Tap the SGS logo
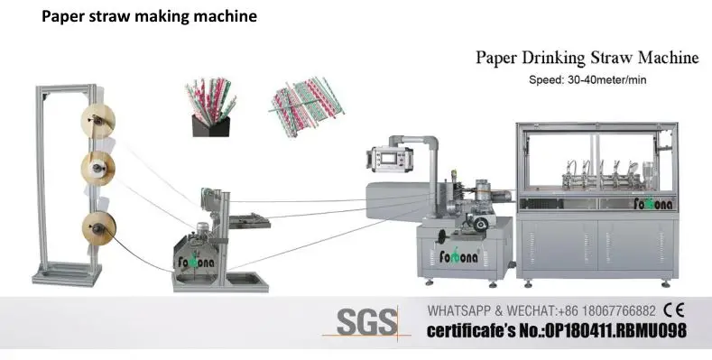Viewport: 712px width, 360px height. click(x=366, y=321)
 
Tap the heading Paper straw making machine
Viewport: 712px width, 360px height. click(x=149, y=16)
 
